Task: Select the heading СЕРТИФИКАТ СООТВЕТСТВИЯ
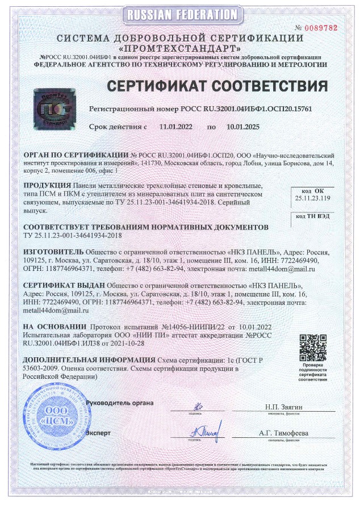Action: click(217, 86)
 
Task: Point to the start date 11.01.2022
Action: click(176, 127)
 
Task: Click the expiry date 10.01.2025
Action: click(242, 127)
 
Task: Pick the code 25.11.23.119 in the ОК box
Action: click(312, 199)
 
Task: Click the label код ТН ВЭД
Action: click(312, 216)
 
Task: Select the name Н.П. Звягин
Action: click(283, 407)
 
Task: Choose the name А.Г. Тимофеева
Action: click(283, 433)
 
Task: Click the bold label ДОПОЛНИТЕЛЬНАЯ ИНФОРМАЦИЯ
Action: click(88, 360)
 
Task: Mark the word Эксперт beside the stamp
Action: click(98, 433)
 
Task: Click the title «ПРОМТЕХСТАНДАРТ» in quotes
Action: click(179, 48)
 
